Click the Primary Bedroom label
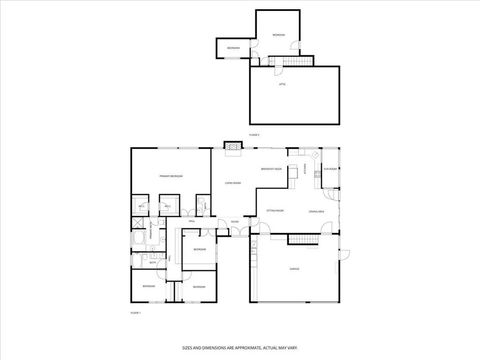pos(169,176)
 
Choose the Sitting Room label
pos(275,212)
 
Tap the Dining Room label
pos(315,212)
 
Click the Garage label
pos(294,270)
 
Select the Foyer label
pos(234,222)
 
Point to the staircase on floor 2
pos(290,60)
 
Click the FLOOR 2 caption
pos(254,133)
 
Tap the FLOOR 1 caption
pos(135,313)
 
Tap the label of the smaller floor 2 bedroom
pos(232,48)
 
